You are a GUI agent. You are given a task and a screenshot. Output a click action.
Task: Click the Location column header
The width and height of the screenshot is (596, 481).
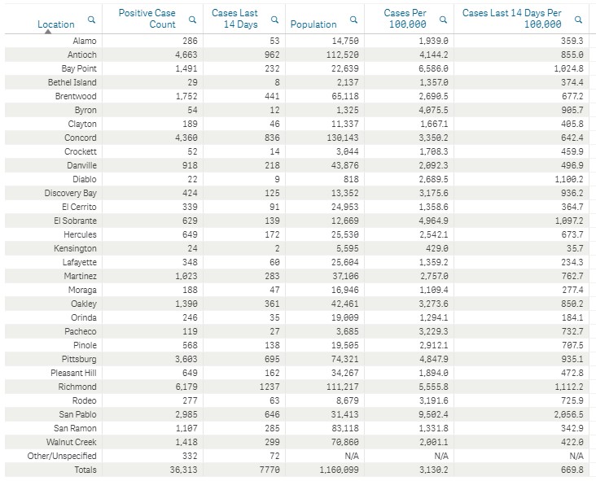click(x=56, y=24)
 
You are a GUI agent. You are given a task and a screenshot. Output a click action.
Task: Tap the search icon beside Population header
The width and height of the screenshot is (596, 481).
click(x=353, y=20)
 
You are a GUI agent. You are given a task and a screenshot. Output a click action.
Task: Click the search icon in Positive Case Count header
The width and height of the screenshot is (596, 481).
click(x=192, y=20)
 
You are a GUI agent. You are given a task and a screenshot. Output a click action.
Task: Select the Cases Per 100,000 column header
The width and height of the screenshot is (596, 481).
click(x=405, y=19)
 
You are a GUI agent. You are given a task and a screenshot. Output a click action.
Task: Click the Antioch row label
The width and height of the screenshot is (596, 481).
click(x=82, y=55)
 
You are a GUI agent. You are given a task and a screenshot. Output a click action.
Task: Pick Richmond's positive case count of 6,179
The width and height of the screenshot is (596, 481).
click(x=186, y=387)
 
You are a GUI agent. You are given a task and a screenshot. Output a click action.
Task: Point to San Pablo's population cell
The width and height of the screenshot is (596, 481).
click(x=344, y=414)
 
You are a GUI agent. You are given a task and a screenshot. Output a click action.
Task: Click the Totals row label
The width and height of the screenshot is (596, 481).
click(x=85, y=470)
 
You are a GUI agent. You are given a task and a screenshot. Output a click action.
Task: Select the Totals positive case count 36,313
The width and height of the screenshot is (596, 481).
click(x=183, y=470)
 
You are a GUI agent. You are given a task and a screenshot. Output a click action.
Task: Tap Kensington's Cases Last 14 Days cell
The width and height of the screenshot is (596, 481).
click(x=277, y=248)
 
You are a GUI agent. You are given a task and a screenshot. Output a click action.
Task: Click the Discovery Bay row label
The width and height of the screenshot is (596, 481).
click(x=71, y=193)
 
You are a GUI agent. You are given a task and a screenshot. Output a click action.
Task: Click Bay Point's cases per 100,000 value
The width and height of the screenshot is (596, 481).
click(x=434, y=68)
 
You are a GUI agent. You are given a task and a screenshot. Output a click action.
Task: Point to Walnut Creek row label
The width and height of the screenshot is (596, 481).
click(x=72, y=442)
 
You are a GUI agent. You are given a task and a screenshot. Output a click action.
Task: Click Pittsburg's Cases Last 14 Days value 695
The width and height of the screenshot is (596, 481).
click(x=272, y=359)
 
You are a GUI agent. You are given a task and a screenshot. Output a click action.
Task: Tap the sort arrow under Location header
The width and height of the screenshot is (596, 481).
click(x=48, y=32)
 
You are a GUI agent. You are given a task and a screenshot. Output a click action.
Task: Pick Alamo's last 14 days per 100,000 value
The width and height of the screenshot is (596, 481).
click(x=572, y=41)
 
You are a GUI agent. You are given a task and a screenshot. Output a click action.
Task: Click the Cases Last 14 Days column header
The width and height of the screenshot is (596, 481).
click(x=234, y=19)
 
